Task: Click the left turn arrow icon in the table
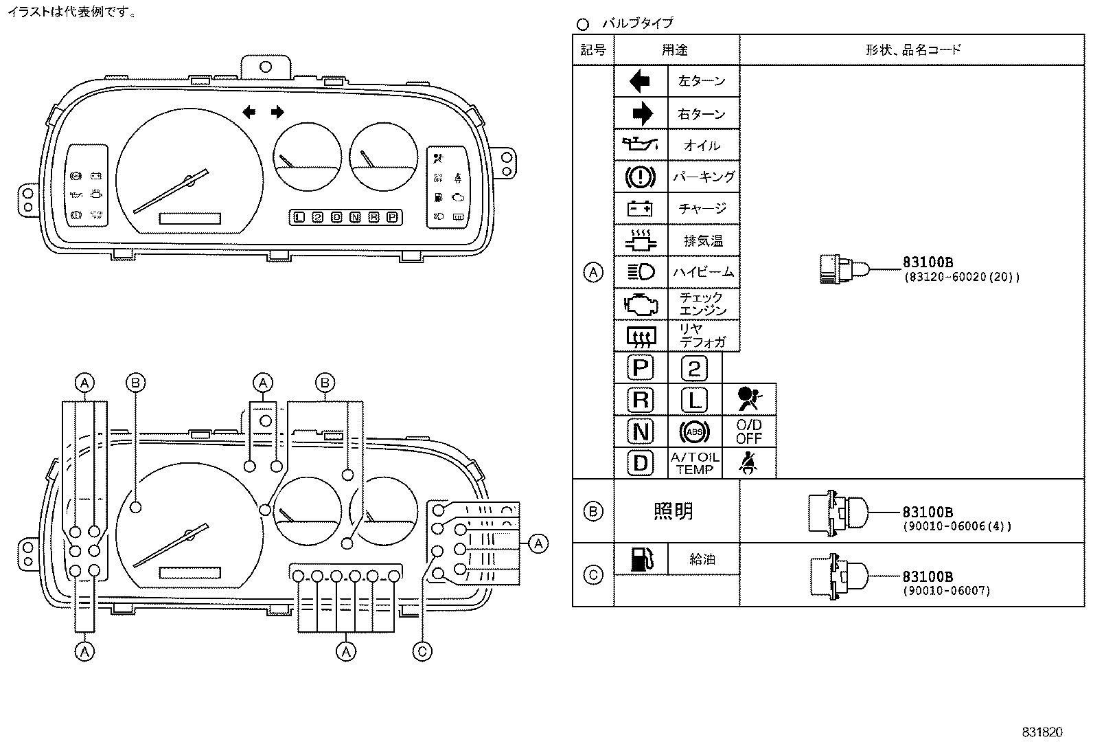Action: coord(640,82)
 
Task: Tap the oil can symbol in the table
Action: coord(640,144)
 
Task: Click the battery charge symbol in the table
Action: coord(640,208)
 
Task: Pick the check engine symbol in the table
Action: coord(640,304)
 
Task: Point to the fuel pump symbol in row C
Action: coord(640,560)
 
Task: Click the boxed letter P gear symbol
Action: coord(640,368)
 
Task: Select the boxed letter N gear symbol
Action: coord(640,431)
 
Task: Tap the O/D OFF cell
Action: coord(748,432)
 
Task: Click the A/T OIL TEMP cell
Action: coord(694,464)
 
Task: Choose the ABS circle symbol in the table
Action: coord(694,432)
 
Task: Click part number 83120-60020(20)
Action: coord(960,278)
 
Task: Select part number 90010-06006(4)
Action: coord(956,527)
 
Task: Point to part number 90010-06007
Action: coord(946,591)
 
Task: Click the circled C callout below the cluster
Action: coord(422,651)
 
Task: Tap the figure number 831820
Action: coord(1042,732)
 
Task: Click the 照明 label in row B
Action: coord(674,511)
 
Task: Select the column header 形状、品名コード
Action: coord(912,49)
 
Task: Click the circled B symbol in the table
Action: coord(593,511)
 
